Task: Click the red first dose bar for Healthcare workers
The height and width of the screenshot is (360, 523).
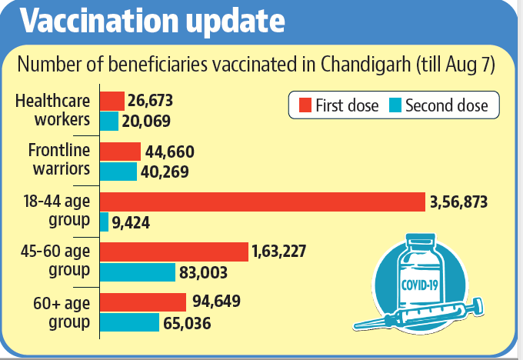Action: [112, 101]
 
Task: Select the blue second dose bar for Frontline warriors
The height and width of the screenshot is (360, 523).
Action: [118, 172]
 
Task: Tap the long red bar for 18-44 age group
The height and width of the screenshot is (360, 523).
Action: [262, 202]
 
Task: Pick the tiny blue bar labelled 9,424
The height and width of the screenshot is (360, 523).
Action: [104, 222]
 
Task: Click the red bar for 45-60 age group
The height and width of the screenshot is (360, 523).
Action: [174, 252]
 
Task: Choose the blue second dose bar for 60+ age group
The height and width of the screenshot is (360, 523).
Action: [129, 322]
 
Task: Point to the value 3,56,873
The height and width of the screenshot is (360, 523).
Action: [458, 202]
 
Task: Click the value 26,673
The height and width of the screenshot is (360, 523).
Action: [150, 101]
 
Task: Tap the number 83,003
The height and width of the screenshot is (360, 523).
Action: [203, 272]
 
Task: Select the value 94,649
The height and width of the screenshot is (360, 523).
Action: [216, 302]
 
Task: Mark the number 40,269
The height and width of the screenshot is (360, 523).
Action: [165, 172]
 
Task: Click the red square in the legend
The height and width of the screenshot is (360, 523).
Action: [305, 105]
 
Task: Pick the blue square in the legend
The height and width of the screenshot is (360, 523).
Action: [395, 105]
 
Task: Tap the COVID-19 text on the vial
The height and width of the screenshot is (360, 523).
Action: [420, 285]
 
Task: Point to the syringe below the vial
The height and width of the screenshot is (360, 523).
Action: [418, 315]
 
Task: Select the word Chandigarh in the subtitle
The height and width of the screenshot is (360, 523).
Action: [365, 64]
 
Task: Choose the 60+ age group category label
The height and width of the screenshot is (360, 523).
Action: [62, 312]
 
